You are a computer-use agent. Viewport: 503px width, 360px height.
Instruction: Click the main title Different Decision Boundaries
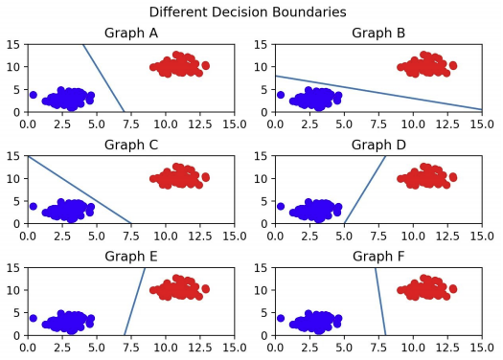click(247, 12)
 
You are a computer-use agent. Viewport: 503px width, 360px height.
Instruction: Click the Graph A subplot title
click(131, 33)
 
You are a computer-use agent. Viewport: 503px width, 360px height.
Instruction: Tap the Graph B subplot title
click(378, 33)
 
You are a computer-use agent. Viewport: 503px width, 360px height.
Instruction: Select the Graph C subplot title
click(131, 145)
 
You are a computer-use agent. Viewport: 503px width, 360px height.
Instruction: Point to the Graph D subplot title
click(378, 145)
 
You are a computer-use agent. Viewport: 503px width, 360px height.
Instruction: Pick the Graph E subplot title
click(131, 257)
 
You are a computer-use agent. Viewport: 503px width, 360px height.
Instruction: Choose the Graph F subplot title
click(378, 257)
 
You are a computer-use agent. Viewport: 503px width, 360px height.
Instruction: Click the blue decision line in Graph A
click(103, 79)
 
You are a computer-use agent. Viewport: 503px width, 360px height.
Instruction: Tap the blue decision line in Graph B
click(378, 93)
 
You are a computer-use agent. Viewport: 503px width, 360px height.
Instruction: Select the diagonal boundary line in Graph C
click(80, 190)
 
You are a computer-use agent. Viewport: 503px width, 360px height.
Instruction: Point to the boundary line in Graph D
click(365, 190)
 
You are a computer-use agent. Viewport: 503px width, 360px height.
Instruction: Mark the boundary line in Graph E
click(135, 302)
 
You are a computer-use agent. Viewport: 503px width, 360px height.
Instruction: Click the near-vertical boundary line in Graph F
click(380, 302)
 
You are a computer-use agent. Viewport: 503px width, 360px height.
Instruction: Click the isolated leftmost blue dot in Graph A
click(33, 95)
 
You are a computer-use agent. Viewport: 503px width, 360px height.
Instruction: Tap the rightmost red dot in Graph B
click(453, 66)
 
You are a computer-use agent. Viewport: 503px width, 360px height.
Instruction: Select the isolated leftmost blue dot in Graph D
click(281, 206)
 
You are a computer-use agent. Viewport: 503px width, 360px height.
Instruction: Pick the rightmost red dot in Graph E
click(206, 289)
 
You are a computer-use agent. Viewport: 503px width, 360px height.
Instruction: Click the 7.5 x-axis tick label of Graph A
click(131, 124)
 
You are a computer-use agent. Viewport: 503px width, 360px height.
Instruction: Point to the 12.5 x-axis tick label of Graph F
click(447, 348)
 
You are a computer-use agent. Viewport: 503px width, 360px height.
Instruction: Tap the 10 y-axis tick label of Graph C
click(14, 178)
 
